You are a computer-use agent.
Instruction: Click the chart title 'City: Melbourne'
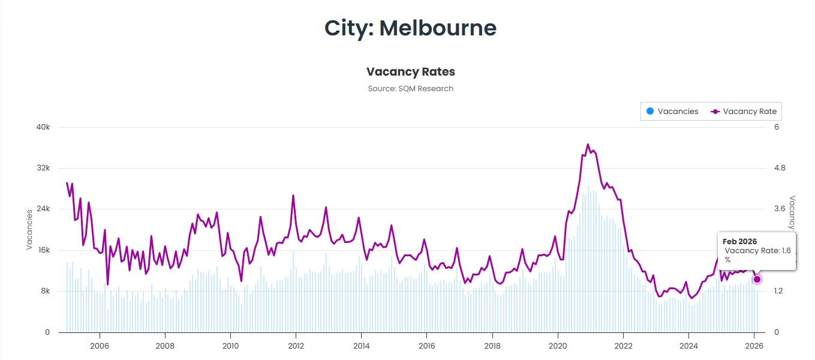(410, 28)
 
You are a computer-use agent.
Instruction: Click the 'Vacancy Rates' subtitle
(410, 72)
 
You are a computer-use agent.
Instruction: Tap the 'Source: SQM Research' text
(410, 89)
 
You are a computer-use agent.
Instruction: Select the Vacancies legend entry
(672, 112)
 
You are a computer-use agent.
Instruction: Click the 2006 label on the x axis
(99, 346)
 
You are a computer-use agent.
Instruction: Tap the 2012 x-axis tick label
(296, 346)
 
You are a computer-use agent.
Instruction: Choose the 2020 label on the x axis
(558, 346)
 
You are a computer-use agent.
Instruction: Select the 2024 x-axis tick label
(689, 346)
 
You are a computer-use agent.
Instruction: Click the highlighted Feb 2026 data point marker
(757, 279)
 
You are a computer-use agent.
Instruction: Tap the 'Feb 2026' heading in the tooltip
(739, 241)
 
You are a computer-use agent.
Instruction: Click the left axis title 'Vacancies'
(29, 229)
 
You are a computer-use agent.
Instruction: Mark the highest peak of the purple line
(588, 145)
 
